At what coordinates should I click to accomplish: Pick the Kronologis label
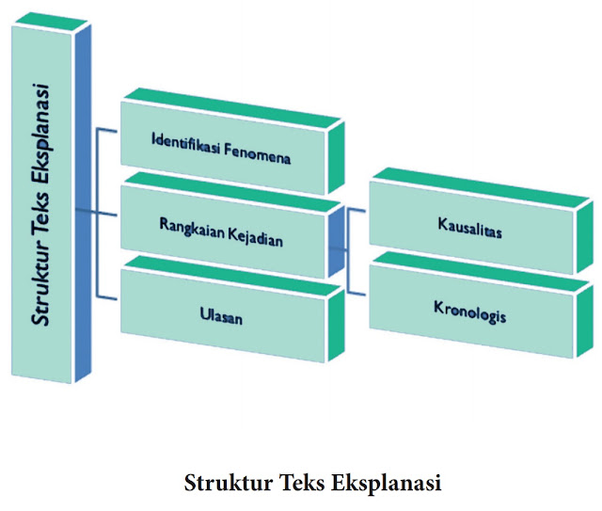tap(469, 311)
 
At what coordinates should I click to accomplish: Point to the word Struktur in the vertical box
tap(40, 282)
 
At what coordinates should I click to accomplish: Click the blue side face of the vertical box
tap(85, 198)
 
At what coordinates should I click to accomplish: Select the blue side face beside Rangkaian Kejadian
tap(336, 240)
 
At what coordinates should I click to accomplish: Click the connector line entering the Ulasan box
tap(108, 298)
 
